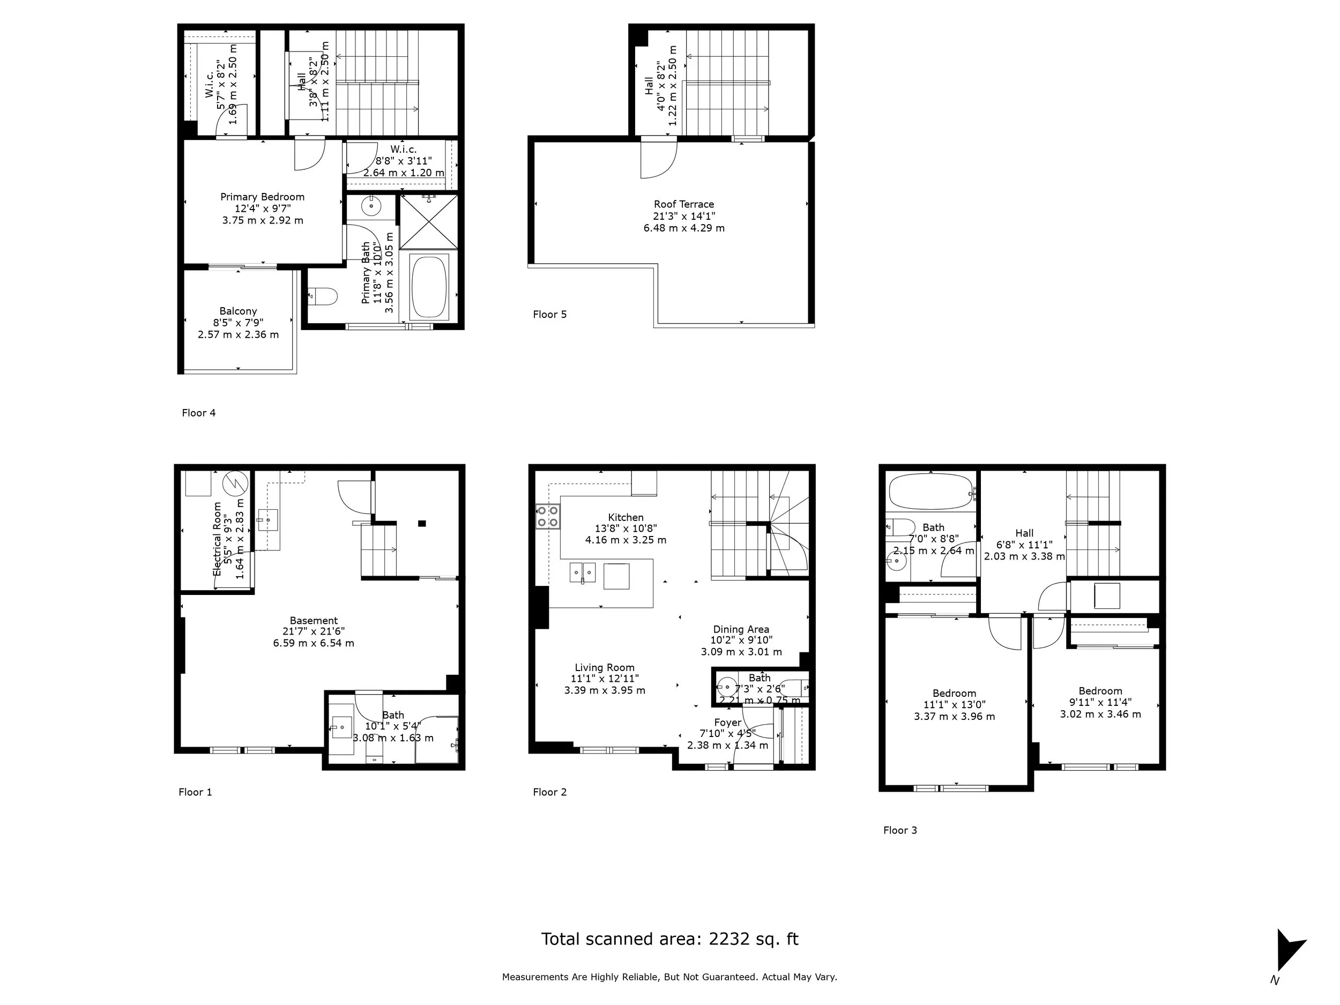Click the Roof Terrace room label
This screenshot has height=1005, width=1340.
683,204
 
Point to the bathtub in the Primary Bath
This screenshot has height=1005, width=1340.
429,287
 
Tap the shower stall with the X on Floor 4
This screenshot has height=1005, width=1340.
429,222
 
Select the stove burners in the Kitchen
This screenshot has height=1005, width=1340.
547,516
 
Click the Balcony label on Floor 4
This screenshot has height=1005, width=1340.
238,311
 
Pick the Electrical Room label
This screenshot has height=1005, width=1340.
217,539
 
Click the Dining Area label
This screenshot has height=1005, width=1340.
740,629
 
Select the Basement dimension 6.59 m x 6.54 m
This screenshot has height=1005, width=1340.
313,643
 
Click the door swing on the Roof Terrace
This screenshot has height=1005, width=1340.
659,159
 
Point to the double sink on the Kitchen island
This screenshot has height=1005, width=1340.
582,572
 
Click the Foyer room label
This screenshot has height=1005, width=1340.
727,723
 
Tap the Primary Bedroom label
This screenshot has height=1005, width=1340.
262,197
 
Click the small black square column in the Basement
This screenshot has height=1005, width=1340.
422,523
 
